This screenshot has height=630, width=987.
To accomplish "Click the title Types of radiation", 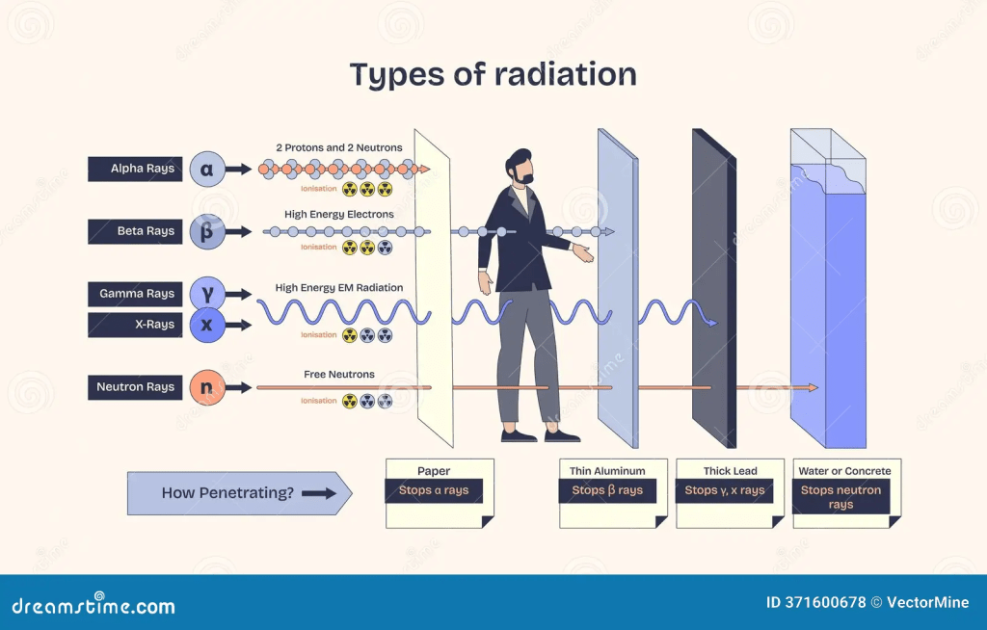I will tap(493, 74).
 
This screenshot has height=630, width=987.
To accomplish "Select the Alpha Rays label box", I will tap(135, 169).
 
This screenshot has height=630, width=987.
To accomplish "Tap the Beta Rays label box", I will tap(135, 231).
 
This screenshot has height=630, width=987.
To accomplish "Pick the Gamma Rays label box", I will tap(135, 294).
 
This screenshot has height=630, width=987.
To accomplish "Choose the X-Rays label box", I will tap(135, 325).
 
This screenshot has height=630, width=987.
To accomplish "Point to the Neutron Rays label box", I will tap(135, 387).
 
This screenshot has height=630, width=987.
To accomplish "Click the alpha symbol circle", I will tap(206, 169).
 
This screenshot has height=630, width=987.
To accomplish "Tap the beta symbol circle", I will tap(206, 232).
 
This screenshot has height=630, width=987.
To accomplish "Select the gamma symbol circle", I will tap(206, 293).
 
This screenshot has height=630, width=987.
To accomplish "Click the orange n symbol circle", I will tap(206, 387).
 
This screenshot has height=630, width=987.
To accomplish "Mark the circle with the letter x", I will tap(206, 326).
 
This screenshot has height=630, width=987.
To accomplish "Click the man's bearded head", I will tap(520, 168).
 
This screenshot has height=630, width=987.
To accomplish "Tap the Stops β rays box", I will tap(607, 490).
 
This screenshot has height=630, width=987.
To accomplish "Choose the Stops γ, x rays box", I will tap(725, 490).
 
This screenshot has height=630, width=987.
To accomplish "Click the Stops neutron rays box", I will tap(840, 497).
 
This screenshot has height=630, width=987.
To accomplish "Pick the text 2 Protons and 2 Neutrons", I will tap(339, 147).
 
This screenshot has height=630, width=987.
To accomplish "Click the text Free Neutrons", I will tap(339, 375).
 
